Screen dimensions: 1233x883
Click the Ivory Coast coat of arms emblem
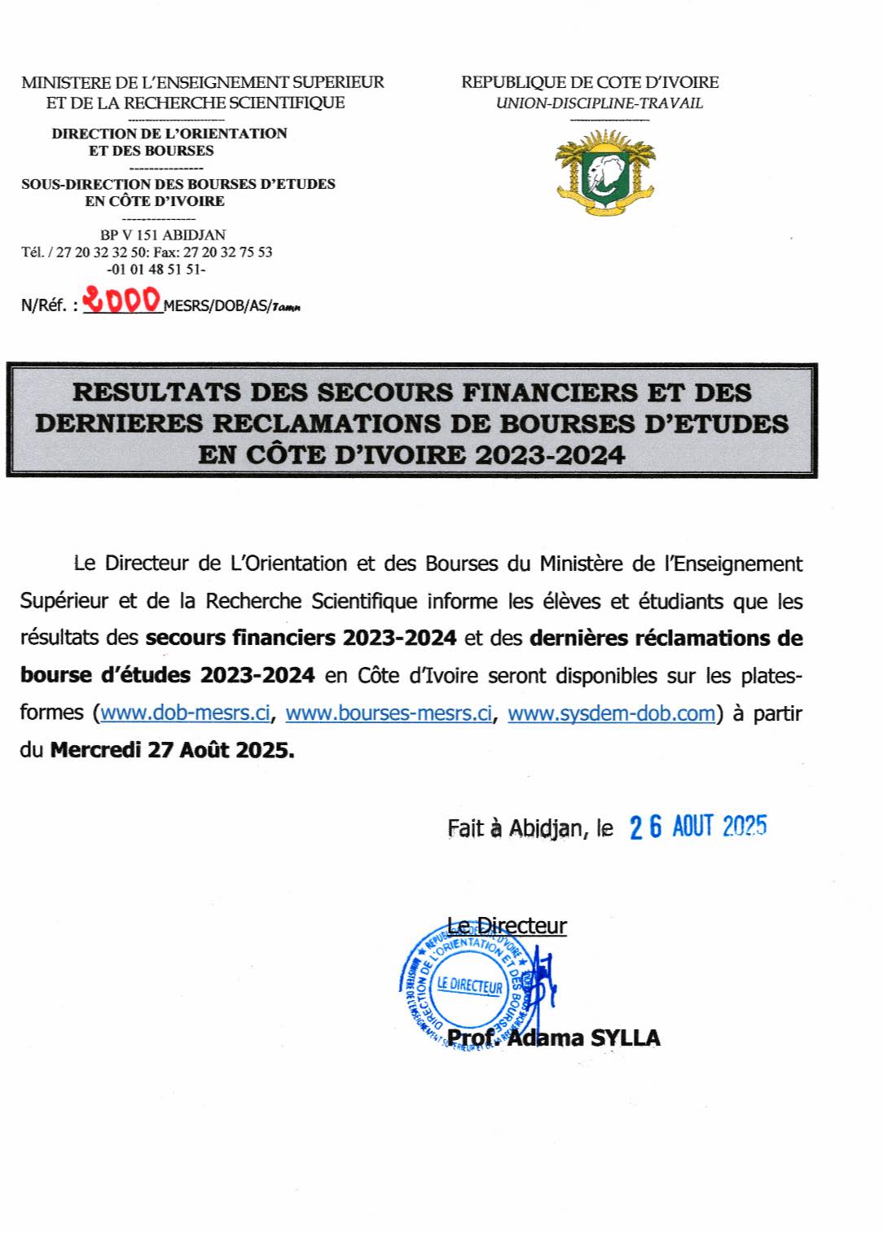tap(604, 171)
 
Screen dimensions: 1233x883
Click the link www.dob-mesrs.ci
tap(185, 713)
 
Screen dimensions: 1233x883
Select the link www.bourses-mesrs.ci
tap(389, 713)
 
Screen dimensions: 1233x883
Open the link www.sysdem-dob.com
tap(611, 713)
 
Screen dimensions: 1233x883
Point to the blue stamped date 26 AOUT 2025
tap(698, 827)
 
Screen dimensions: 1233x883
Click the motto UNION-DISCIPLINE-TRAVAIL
tap(600, 103)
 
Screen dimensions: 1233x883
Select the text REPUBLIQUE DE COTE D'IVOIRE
tap(590, 82)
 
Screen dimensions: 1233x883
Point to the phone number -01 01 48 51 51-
tap(156, 269)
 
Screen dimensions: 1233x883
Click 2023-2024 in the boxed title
tap(551, 454)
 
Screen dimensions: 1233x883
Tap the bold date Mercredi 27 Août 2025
tap(173, 750)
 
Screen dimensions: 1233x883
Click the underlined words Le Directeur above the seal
tap(507, 926)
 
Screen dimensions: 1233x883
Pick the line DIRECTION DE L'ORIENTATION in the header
tap(169, 133)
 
